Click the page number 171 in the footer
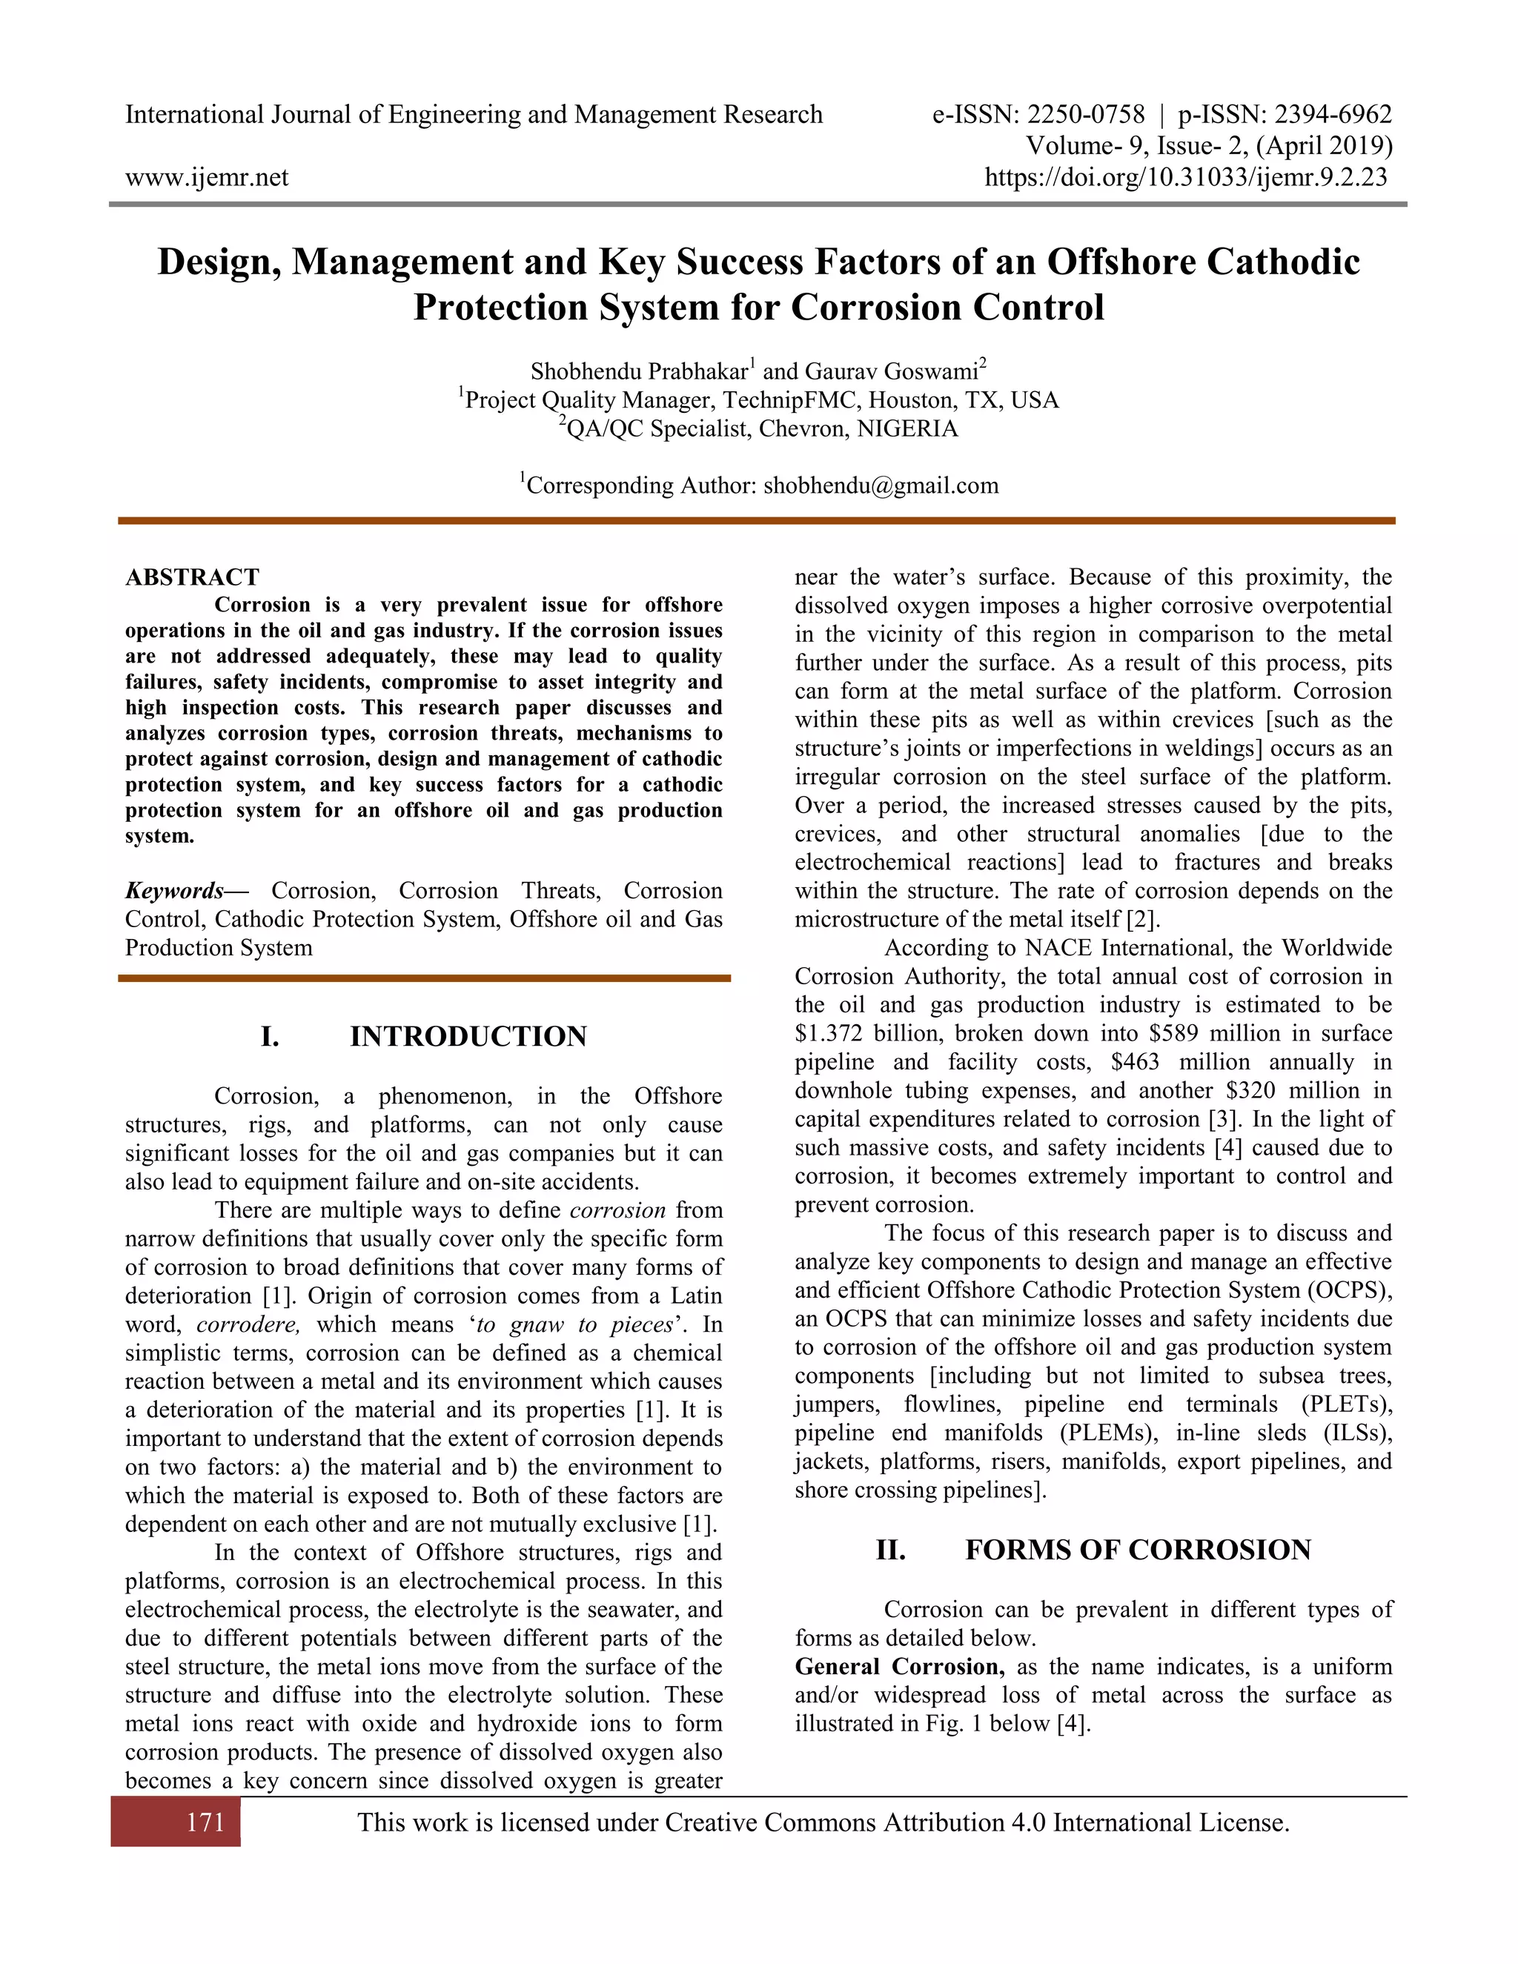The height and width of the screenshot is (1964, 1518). coord(205,1823)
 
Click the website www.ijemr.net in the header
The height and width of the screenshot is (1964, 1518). coord(207,177)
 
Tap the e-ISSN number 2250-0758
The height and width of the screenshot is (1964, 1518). coord(1085,115)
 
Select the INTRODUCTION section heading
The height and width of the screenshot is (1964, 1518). coord(468,1037)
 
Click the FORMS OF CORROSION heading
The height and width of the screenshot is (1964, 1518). coord(1138,1550)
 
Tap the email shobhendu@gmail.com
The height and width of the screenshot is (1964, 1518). coord(881,485)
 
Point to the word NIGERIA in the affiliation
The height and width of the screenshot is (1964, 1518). coord(907,429)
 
